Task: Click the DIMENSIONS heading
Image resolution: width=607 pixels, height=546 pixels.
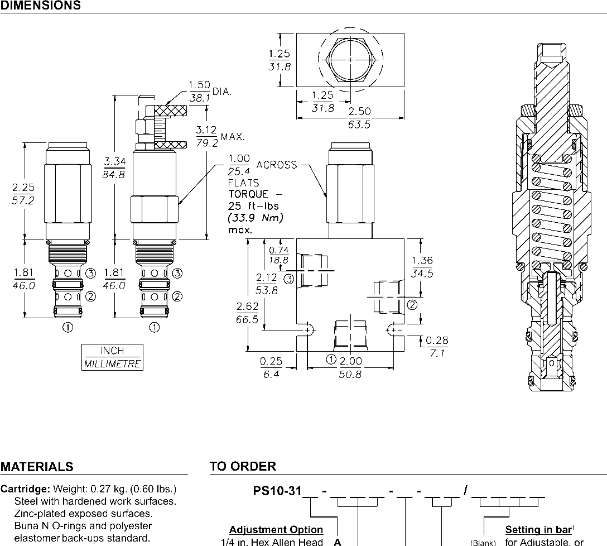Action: click(40, 6)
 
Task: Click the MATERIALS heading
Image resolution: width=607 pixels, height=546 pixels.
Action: click(37, 467)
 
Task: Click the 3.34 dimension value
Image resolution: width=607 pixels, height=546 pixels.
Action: click(115, 162)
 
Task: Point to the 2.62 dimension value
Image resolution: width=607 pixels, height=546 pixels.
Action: click(247, 306)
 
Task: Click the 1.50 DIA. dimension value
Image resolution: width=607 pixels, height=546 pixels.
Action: click(199, 85)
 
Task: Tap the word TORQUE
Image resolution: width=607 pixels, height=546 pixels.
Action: click(248, 194)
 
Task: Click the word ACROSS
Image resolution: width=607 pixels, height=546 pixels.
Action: click(276, 165)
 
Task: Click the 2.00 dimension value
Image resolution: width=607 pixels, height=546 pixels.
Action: click(351, 362)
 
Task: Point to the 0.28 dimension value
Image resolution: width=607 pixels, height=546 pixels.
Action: click(437, 341)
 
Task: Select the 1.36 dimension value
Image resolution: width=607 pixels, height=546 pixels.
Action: click(422, 261)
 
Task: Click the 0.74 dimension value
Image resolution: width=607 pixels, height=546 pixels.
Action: click(279, 250)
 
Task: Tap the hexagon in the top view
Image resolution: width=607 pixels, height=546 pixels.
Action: click(350, 59)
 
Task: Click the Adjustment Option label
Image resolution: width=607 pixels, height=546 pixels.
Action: click(276, 529)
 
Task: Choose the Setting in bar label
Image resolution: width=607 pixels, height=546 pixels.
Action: click(539, 529)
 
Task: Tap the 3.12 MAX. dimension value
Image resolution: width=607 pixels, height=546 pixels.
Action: click(207, 130)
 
